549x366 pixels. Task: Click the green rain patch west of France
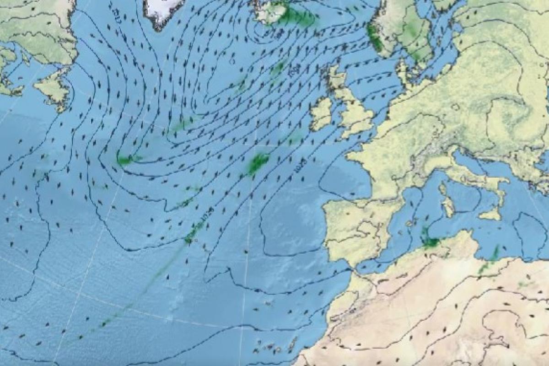point(258,163)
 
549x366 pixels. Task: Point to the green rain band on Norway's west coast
point(374,37)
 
